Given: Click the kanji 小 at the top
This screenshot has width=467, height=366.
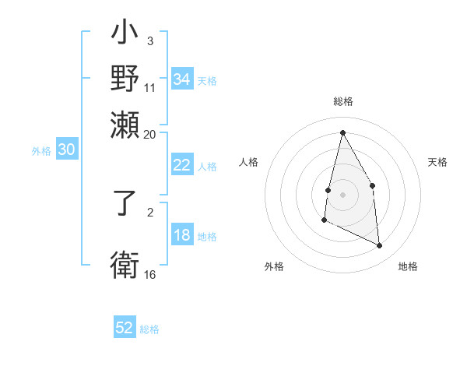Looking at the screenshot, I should [125, 36].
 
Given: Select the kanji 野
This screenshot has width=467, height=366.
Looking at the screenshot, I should [125, 79].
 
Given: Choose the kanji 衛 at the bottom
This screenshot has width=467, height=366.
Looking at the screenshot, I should [125, 262].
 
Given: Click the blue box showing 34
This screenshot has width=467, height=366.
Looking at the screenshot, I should [182, 79].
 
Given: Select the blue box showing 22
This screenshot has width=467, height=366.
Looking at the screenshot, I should [182, 165].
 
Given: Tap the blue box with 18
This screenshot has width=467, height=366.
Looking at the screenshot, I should [182, 235].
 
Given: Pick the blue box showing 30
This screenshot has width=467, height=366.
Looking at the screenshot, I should [66, 150].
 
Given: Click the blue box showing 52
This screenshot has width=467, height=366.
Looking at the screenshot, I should [125, 328].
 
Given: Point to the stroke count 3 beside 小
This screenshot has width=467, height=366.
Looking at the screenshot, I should [149, 41].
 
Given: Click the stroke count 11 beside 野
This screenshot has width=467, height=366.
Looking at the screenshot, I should [150, 88].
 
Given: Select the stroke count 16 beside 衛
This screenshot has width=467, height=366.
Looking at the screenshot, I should [150, 274].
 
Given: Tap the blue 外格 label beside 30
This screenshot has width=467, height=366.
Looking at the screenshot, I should [41, 151].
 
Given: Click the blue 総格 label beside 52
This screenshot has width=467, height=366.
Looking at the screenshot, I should [149, 329].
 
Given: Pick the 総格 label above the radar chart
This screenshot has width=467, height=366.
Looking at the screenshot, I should [342, 101].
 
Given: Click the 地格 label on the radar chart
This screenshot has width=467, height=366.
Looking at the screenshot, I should [408, 266].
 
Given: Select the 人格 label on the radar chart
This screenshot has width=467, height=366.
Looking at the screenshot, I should [248, 162].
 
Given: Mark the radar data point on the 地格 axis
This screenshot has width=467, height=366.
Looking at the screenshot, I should [380, 246].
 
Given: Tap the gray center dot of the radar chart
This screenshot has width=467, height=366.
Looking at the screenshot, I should [342, 194].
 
